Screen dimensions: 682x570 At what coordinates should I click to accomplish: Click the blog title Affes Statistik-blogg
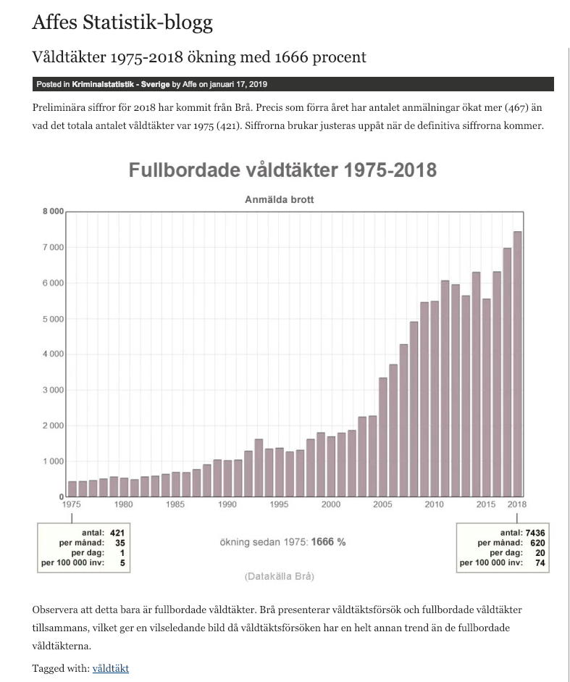point(122,22)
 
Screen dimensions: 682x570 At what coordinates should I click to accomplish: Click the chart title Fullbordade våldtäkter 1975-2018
point(282,170)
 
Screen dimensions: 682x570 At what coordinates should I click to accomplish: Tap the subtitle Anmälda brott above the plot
point(279,199)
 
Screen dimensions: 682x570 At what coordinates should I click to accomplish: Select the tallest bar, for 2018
point(517,362)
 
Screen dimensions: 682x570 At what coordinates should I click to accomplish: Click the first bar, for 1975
point(72,488)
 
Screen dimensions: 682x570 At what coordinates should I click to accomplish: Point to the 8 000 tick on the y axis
point(54,212)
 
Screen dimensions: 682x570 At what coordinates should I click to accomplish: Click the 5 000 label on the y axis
point(54,319)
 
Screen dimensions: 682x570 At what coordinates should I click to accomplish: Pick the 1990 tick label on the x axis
point(227,504)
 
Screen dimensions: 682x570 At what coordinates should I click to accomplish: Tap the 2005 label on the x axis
point(382,504)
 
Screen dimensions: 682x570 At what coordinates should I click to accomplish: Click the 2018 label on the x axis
point(517,504)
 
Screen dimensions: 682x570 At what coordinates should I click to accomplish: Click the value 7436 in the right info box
point(535,533)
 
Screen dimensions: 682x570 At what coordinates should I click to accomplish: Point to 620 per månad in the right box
point(537,543)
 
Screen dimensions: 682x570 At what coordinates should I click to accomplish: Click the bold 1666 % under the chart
point(328,542)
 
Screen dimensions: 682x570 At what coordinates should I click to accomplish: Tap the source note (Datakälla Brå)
point(279,577)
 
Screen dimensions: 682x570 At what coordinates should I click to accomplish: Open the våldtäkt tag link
point(110,668)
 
